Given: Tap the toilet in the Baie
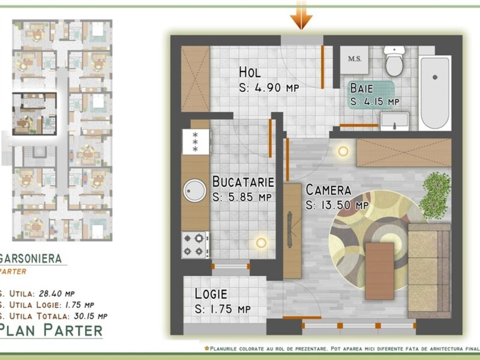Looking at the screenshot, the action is click(x=394, y=61).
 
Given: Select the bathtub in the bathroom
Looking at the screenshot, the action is click(x=434, y=93).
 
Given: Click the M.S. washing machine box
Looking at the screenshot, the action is click(x=355, y=59).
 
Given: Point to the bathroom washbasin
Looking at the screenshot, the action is click(x=394, y=121).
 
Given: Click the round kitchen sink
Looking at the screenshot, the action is click(x=194, y=190).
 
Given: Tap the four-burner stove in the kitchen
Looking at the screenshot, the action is click(x=196, y=245).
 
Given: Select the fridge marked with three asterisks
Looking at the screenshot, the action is click(x=196, y=142).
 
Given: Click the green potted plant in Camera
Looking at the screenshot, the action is click(x=435, y=194).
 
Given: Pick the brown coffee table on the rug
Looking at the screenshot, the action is click(x=380, y=271).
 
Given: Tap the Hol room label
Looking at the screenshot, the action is click(x=250, y=73).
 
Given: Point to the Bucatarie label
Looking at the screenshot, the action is click(x=244, y=182).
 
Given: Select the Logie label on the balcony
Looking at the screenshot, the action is click(x=211, y=294).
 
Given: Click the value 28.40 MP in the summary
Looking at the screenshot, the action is click(x=56, y=293).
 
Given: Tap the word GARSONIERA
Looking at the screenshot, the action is click(x=31, y=259).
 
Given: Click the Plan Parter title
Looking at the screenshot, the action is click(x=51, y=330).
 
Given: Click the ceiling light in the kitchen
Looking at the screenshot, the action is click(x=261, y=243).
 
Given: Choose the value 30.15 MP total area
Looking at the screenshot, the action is click(x=91, y=316).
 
